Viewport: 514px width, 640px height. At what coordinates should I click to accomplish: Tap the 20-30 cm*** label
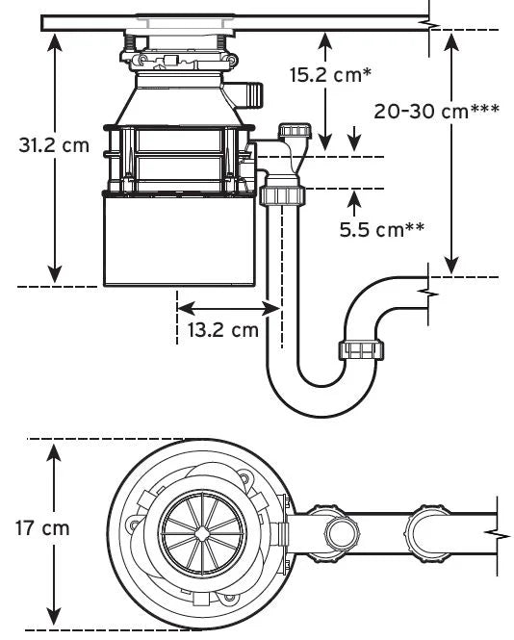coord(436,110)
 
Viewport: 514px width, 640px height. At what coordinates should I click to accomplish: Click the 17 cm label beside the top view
coord(41,528)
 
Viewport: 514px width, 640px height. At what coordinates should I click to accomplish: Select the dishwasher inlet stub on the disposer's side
coord(251,94)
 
